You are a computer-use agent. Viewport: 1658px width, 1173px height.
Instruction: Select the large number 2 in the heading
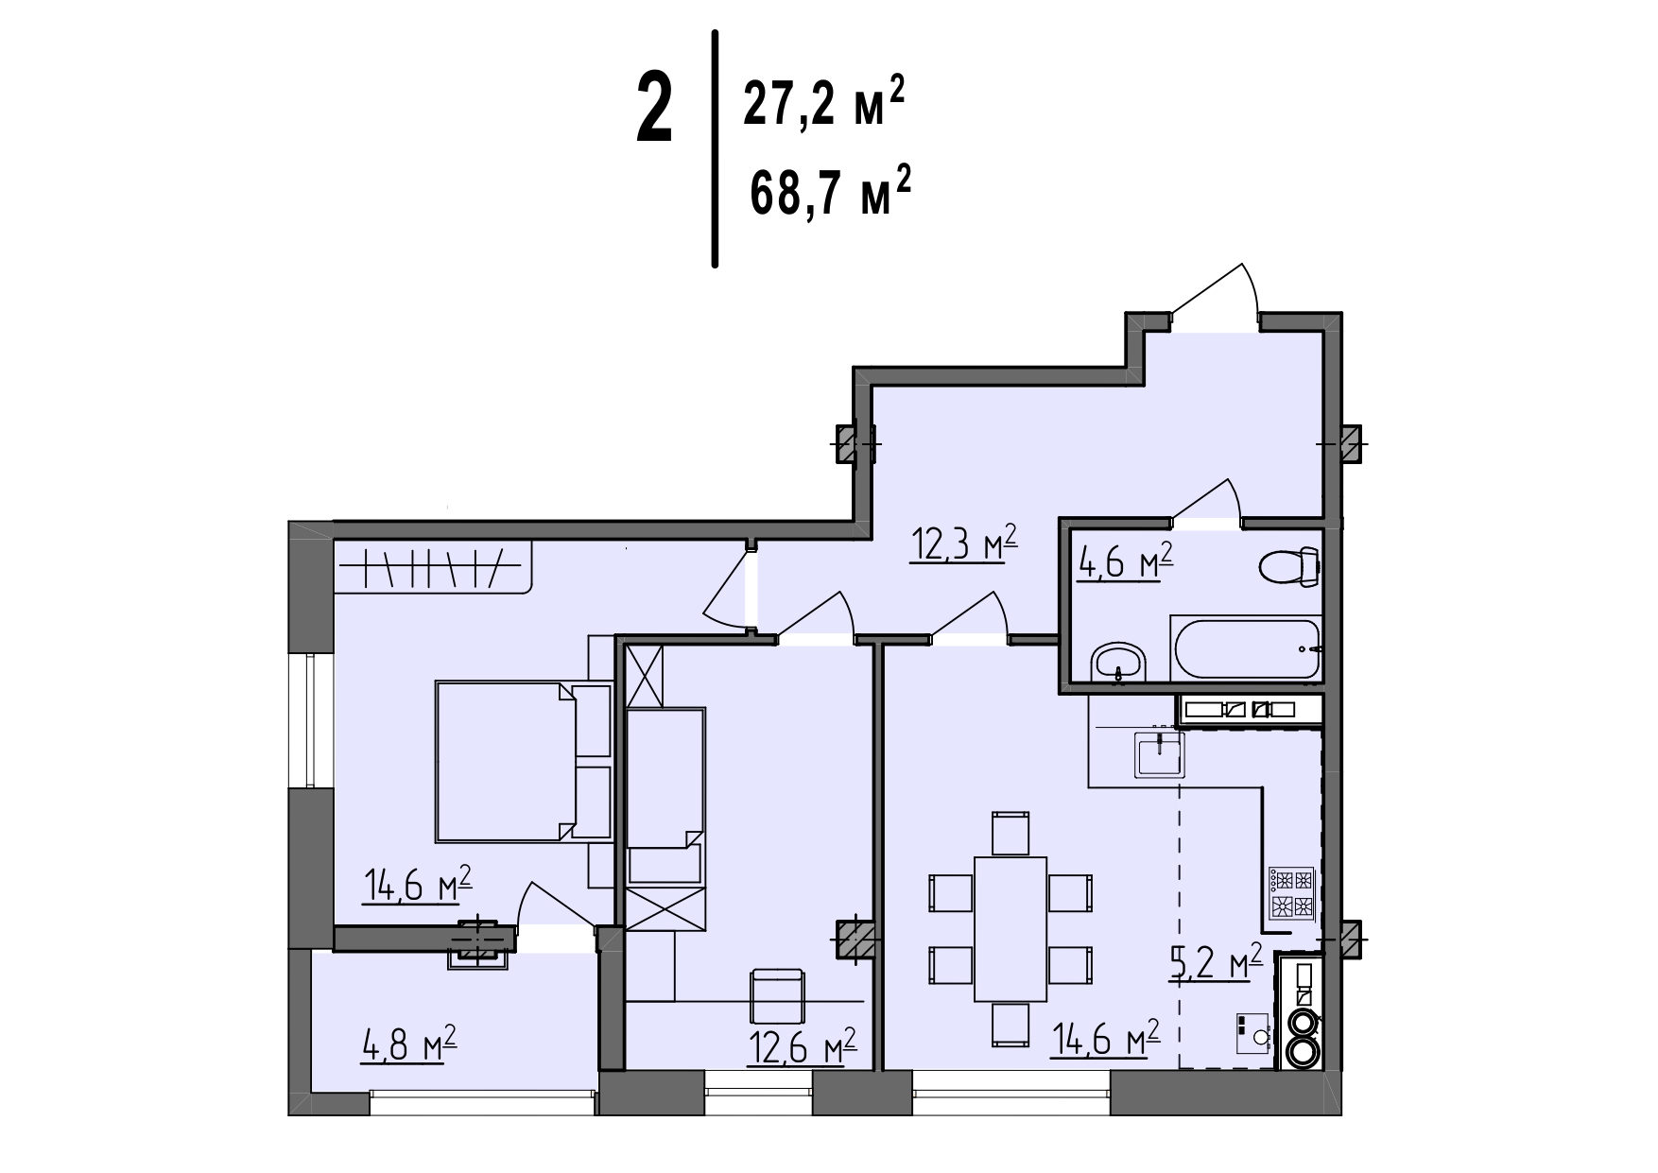point(654,111)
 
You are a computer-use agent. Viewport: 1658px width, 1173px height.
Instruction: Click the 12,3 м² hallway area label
point(963,545)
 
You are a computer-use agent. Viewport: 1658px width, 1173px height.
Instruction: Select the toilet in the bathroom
point(1289,566)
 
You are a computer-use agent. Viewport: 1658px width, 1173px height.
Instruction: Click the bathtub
point(1246,647)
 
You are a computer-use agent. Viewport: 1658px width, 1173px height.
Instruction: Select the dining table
point(1010,929)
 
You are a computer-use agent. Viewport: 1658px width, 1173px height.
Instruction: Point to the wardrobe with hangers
point(432,566)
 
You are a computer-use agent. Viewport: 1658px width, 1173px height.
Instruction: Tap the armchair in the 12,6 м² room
point(777,996)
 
